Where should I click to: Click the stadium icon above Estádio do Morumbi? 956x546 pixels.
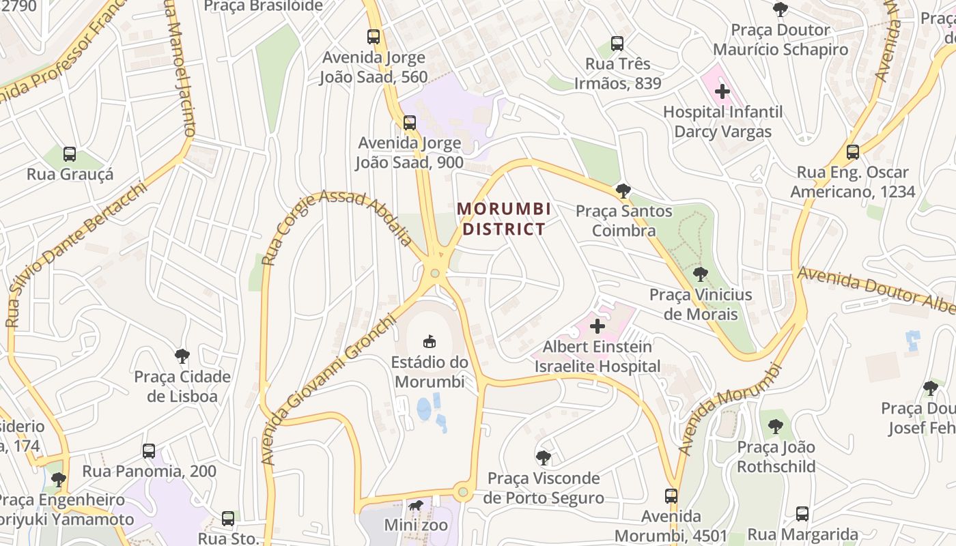tap(430, 341)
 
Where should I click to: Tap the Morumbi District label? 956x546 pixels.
tap(504, 218)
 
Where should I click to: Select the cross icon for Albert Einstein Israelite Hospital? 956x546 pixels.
tap(597, 326)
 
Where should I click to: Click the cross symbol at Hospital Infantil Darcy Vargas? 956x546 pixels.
tap(722, 91)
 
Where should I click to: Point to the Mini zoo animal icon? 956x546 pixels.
tap(416, 506)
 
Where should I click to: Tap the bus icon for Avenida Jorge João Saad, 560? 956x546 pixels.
tap(373, 37)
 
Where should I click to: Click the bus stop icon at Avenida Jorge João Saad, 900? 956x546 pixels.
tap(410, 123)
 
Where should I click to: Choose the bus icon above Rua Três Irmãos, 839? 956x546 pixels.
tap(617, 44)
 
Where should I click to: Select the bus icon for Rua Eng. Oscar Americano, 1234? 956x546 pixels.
tap(852, 152)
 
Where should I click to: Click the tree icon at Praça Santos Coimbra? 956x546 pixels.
tap(623, 190)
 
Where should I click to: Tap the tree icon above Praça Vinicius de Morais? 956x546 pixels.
tap(700, 274)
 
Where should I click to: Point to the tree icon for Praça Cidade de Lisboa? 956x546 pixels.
tap(182, 356)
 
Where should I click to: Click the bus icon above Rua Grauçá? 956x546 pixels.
tap(69, 154)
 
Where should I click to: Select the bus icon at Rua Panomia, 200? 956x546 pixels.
tap(149, 450)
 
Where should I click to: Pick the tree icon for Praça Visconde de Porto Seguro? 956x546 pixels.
tap(544, 457)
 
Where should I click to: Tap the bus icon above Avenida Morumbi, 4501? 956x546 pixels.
tap(671, 495)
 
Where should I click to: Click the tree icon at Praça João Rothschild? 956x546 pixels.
tap(775, 427)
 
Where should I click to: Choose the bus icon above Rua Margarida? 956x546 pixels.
tap(802, 513)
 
